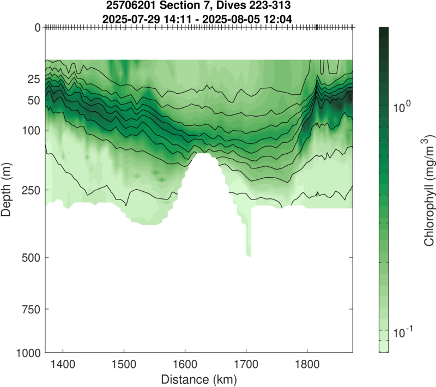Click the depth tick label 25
click(x=34, y=80)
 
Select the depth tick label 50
click(x=34, y=100)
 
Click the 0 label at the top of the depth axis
click(x=37, y=28)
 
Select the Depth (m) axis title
click(x=8, y=190)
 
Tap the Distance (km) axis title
click(x=199, y=378)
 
